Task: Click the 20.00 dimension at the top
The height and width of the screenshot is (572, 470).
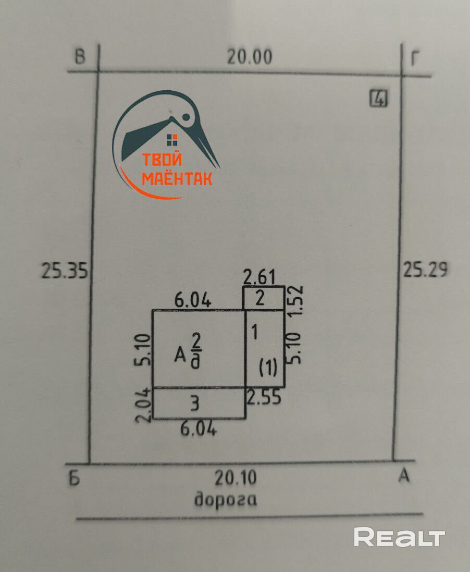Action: (x=249, y=57)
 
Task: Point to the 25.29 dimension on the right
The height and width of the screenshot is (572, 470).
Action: (x=425, y=270)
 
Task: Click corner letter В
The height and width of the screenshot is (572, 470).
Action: (x=80, y=56)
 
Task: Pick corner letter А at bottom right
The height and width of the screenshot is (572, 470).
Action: (x=403, y=476)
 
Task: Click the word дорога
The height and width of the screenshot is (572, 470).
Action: (x=226, y=499)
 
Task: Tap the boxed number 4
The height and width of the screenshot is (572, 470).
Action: (x=379, y=99)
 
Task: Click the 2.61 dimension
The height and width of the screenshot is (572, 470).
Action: (x=259, y=276)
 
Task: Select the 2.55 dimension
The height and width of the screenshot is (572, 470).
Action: (x=264, y=397)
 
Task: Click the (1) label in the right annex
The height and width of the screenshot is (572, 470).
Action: (x=268, y=369)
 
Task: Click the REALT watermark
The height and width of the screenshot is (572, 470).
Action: (x=399, y=537)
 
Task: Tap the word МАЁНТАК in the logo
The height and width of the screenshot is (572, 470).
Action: (x=177, y=179)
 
